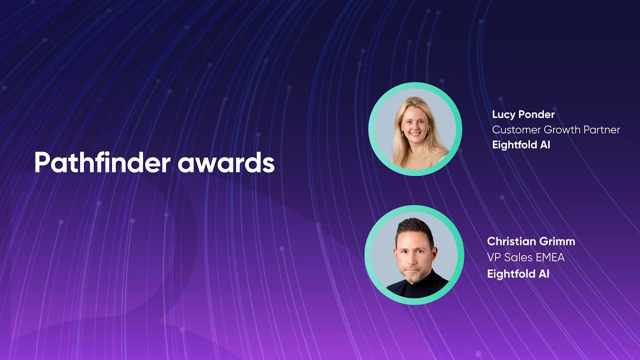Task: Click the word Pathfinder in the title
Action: [102, 162]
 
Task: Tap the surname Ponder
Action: [536, 114]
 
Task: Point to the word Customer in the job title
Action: [516, 130]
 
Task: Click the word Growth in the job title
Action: [562, 130]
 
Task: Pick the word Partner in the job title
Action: [601, 130]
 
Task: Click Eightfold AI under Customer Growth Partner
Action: [521, 145]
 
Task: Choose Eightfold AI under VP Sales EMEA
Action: [518, 273]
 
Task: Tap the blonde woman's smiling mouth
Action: [415, 133]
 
